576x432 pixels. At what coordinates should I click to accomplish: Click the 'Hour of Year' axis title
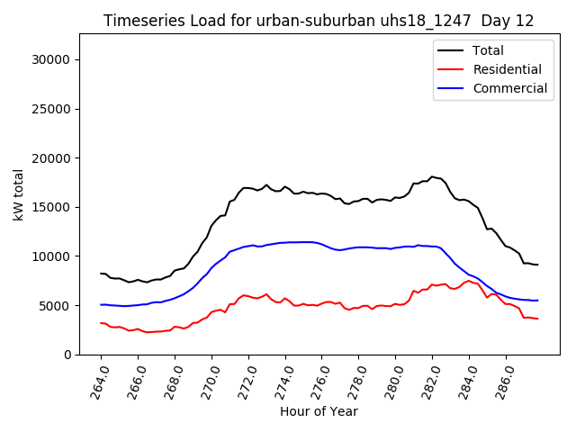click(x=319, y=411)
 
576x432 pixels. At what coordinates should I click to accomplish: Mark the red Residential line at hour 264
click(x=101, y=322)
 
